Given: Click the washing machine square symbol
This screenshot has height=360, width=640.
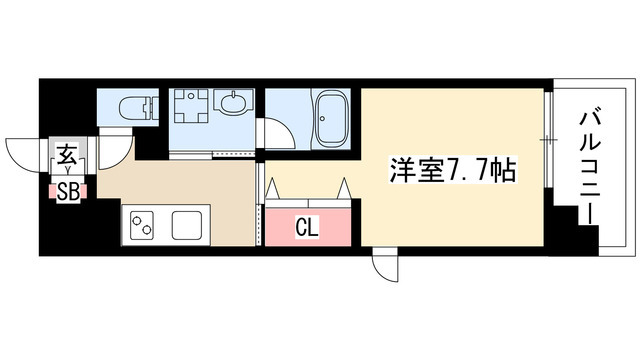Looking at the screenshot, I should click(188, 106).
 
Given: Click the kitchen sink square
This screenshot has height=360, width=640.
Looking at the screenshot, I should click(188, 225).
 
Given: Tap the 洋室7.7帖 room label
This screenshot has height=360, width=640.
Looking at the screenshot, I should click(451, 170).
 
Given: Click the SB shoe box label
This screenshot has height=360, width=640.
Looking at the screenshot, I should click(69, 190).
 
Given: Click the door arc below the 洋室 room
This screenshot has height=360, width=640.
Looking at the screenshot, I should click(384, 266).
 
